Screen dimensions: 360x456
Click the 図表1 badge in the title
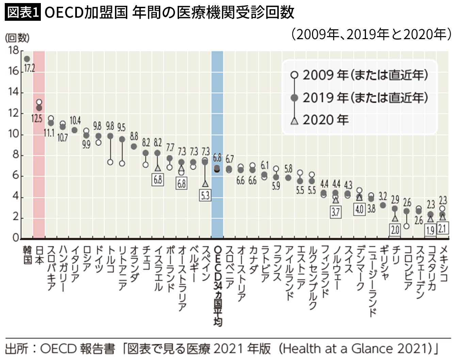pos(22,13)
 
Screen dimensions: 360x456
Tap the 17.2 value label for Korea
pos(29,68)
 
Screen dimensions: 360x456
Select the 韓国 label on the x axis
pos(27,255)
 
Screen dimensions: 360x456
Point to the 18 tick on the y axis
pos(14,50)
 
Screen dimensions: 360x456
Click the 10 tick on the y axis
pos(14,134)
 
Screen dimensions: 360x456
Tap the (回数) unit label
pos(17,38)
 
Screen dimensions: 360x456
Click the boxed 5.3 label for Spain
pos(205,195)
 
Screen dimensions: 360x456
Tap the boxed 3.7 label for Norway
pos(336,212)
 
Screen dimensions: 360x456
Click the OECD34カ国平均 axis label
pos(217,286)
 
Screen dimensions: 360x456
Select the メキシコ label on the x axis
pos(443,264)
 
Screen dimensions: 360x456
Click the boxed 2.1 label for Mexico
pos(442,228)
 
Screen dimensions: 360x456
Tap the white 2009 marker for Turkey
pos(110,162)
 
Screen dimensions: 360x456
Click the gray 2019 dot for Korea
pos(27,59)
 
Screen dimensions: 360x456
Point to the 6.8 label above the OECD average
pos(217,158)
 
